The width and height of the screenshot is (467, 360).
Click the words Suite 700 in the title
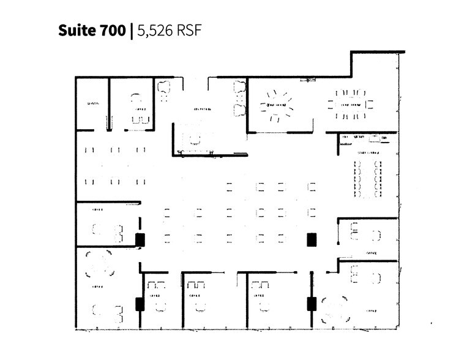click(92, 30)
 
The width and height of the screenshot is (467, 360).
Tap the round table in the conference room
click(277, 106)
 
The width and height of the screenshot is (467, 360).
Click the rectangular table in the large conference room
click(351, 104)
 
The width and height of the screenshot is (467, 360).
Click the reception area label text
click(203, 110)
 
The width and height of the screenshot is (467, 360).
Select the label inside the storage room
click(92, 103)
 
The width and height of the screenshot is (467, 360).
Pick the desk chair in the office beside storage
click(137, 97)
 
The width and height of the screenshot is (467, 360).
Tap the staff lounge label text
click(367, 152)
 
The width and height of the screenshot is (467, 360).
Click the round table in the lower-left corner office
click(100, 264)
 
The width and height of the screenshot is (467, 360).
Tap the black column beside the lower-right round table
click(312, 303)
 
